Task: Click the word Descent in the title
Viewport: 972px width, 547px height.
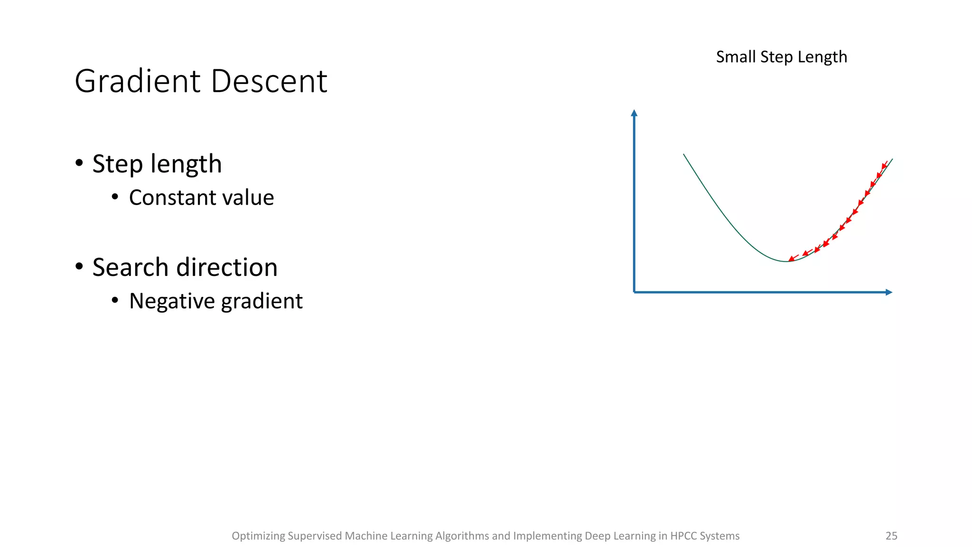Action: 269,81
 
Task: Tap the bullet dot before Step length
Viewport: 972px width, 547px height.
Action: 79,163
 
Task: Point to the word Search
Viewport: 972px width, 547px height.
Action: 130,267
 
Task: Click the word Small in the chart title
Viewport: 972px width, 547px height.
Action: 736,57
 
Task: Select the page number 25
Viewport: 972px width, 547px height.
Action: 891,536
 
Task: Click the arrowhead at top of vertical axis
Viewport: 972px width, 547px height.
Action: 634,113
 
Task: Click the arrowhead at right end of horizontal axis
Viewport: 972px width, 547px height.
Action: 889,292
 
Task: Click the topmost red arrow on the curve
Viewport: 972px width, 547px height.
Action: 884,165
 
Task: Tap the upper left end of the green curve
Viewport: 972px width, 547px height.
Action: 684,154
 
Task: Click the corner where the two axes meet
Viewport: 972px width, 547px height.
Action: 635,292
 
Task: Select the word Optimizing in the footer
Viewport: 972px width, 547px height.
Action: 258,536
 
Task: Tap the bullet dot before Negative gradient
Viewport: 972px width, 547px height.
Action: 115,300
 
